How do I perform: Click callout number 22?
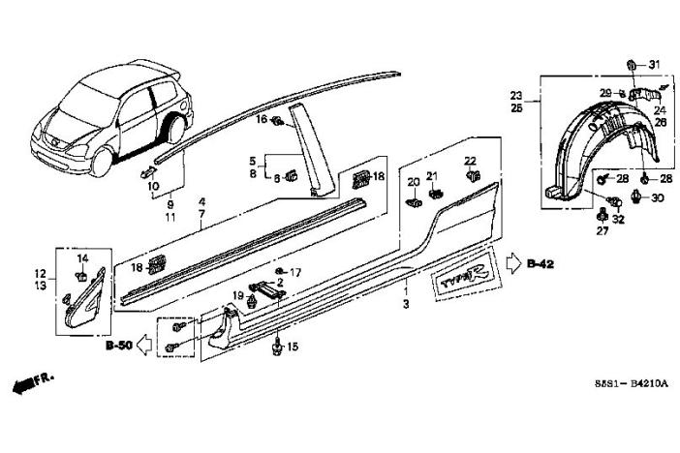click(471, 160)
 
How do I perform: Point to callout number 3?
click(406, 304)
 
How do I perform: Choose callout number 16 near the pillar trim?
click(261, 119)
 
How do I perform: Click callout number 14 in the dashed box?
click(83, 258)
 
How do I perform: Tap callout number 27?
click(602, 231)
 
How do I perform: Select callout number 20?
click(413, 182)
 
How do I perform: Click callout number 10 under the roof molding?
click(153, 185)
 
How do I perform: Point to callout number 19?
click(237, 293)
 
